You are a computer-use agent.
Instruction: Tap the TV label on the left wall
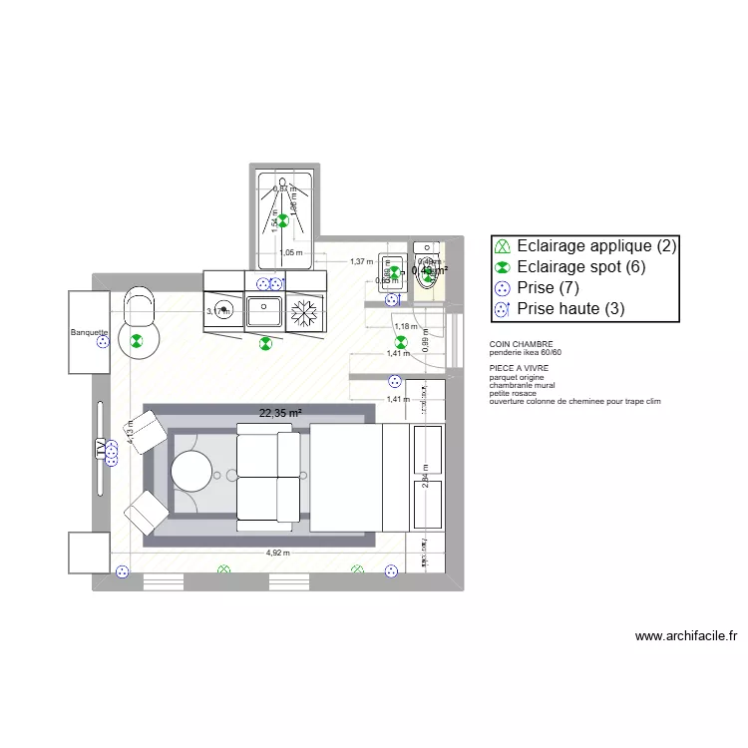pyautogui.click(x=100, y=450)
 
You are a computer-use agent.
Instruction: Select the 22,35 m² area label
pyautogui.click(x=280, y=412)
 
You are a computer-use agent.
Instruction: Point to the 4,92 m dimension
pyautogui.click(x=277, y=553)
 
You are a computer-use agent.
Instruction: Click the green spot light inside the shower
pyautogui.click(x=283, y=220)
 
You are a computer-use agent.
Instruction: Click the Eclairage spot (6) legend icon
pyautogui.click(x=503, y=267)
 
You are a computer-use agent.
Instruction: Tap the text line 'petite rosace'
pyautogui.click(x=513, y=393)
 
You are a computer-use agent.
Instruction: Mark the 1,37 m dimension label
pyautogui.click(x=360, y=261)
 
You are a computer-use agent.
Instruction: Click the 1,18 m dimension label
pyautogui.click(x=404, y=326)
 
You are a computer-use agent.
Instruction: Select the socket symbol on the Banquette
pyautogui.click(x=101, y=343)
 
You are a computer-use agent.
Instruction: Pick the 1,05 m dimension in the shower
pyautogui.click(x=292, y=253)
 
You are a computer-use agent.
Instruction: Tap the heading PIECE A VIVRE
pyautogui.click(x=519, y=369)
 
